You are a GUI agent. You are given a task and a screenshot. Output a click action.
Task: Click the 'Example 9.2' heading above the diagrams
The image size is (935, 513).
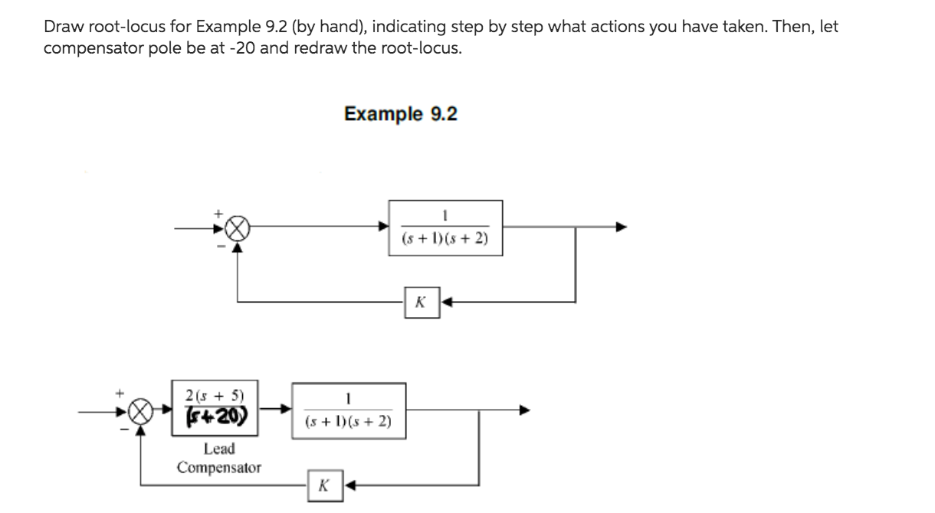pos(400,115)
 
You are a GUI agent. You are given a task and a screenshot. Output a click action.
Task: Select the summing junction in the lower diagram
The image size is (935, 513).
pos(139,411)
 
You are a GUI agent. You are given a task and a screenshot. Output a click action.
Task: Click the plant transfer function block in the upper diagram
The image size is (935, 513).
pos(445,227)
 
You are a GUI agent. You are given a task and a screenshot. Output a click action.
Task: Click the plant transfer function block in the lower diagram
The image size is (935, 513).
pos(348,410)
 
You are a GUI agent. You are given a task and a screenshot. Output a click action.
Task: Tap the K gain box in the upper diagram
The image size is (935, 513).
pos(421,302)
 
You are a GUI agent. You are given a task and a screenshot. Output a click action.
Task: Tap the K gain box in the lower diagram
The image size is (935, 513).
pos(323,485)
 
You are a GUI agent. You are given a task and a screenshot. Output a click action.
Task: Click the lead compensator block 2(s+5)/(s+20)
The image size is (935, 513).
pos(215,408)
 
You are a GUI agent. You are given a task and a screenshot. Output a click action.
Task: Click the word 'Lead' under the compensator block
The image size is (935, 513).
pos(219,449)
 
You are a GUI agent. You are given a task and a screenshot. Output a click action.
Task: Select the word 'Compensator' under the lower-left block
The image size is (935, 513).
pos(219,467)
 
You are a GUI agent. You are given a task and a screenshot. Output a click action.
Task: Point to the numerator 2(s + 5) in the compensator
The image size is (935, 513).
pos(215,396)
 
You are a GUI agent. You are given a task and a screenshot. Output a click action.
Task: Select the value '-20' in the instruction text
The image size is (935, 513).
pos(242,49)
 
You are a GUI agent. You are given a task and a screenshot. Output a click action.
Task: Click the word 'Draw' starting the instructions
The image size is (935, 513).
pos(60,27)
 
